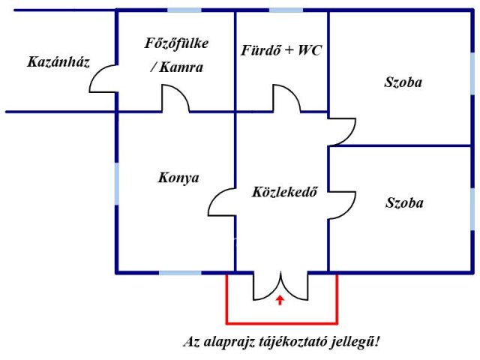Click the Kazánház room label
click(58, 61)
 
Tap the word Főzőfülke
click(176, 43)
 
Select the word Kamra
click(181, 67)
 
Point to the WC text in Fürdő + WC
click(310, 50)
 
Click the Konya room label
click(178, 178)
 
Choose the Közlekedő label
click(284, 192)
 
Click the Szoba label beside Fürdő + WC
click(403, 82)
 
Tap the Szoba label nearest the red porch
click(404, 203)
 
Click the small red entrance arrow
click(280, 300)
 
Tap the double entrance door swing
click(280, 286)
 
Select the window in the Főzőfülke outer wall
click(184, 10)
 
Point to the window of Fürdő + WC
click(286, 10)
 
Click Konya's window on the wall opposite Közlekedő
click(117, 184)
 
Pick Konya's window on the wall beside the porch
click(180, 272)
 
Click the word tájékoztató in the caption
click(292, 342)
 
